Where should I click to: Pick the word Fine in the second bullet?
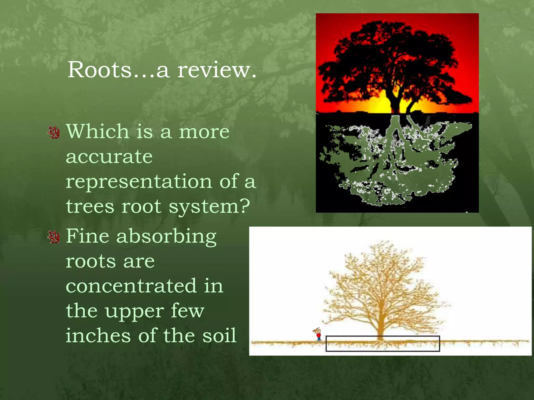87,236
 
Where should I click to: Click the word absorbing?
166,236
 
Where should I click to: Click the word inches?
98,336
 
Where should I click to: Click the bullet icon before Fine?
54,237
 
